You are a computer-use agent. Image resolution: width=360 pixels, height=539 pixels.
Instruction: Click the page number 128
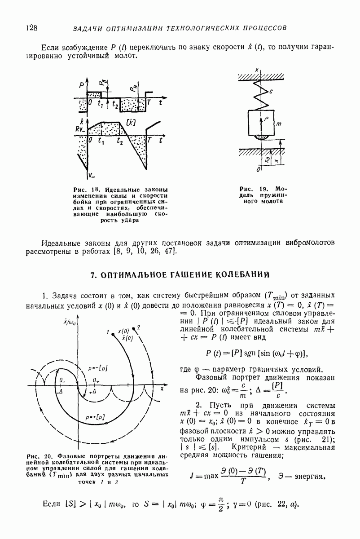click(31, 28)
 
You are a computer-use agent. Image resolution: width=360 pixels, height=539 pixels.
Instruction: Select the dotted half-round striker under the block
click(260, 137)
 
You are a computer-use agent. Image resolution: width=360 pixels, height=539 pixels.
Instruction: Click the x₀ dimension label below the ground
click(268, 159)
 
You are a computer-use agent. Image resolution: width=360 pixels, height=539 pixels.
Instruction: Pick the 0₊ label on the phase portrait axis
click(96, 380)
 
